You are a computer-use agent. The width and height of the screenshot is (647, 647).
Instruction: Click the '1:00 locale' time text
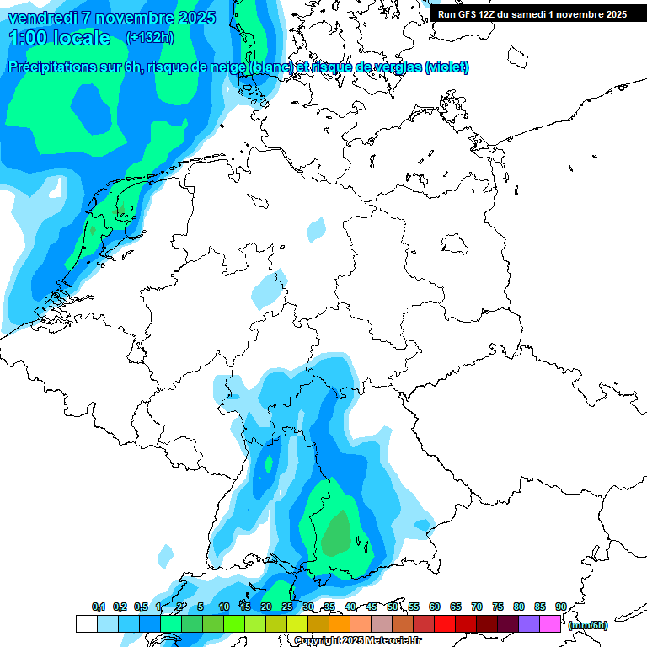coord(59,38)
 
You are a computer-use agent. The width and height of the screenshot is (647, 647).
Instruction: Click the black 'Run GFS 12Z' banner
coord(532,14)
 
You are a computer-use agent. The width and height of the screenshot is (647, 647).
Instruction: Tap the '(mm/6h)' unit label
coord(587,625)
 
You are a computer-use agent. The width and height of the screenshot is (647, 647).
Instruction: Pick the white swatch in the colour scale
coord(86,624)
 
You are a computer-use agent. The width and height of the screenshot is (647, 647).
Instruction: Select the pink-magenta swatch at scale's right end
coord(550,624)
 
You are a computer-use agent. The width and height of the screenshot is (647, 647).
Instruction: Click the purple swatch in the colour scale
coord(529,624)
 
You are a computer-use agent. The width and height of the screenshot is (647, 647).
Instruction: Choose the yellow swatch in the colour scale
coord(297,624)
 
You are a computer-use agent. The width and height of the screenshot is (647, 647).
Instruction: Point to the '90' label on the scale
coord(560,607)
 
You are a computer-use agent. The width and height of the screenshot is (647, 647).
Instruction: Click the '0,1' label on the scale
coord(98,607)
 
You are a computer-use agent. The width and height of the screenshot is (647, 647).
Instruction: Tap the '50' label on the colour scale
coord(393,607)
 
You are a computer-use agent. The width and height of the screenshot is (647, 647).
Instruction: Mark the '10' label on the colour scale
coord(224,607)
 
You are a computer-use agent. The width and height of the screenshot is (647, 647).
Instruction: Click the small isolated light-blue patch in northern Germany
coord(317,228)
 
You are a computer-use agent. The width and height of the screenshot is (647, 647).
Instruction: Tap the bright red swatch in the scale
coord(444,624)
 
